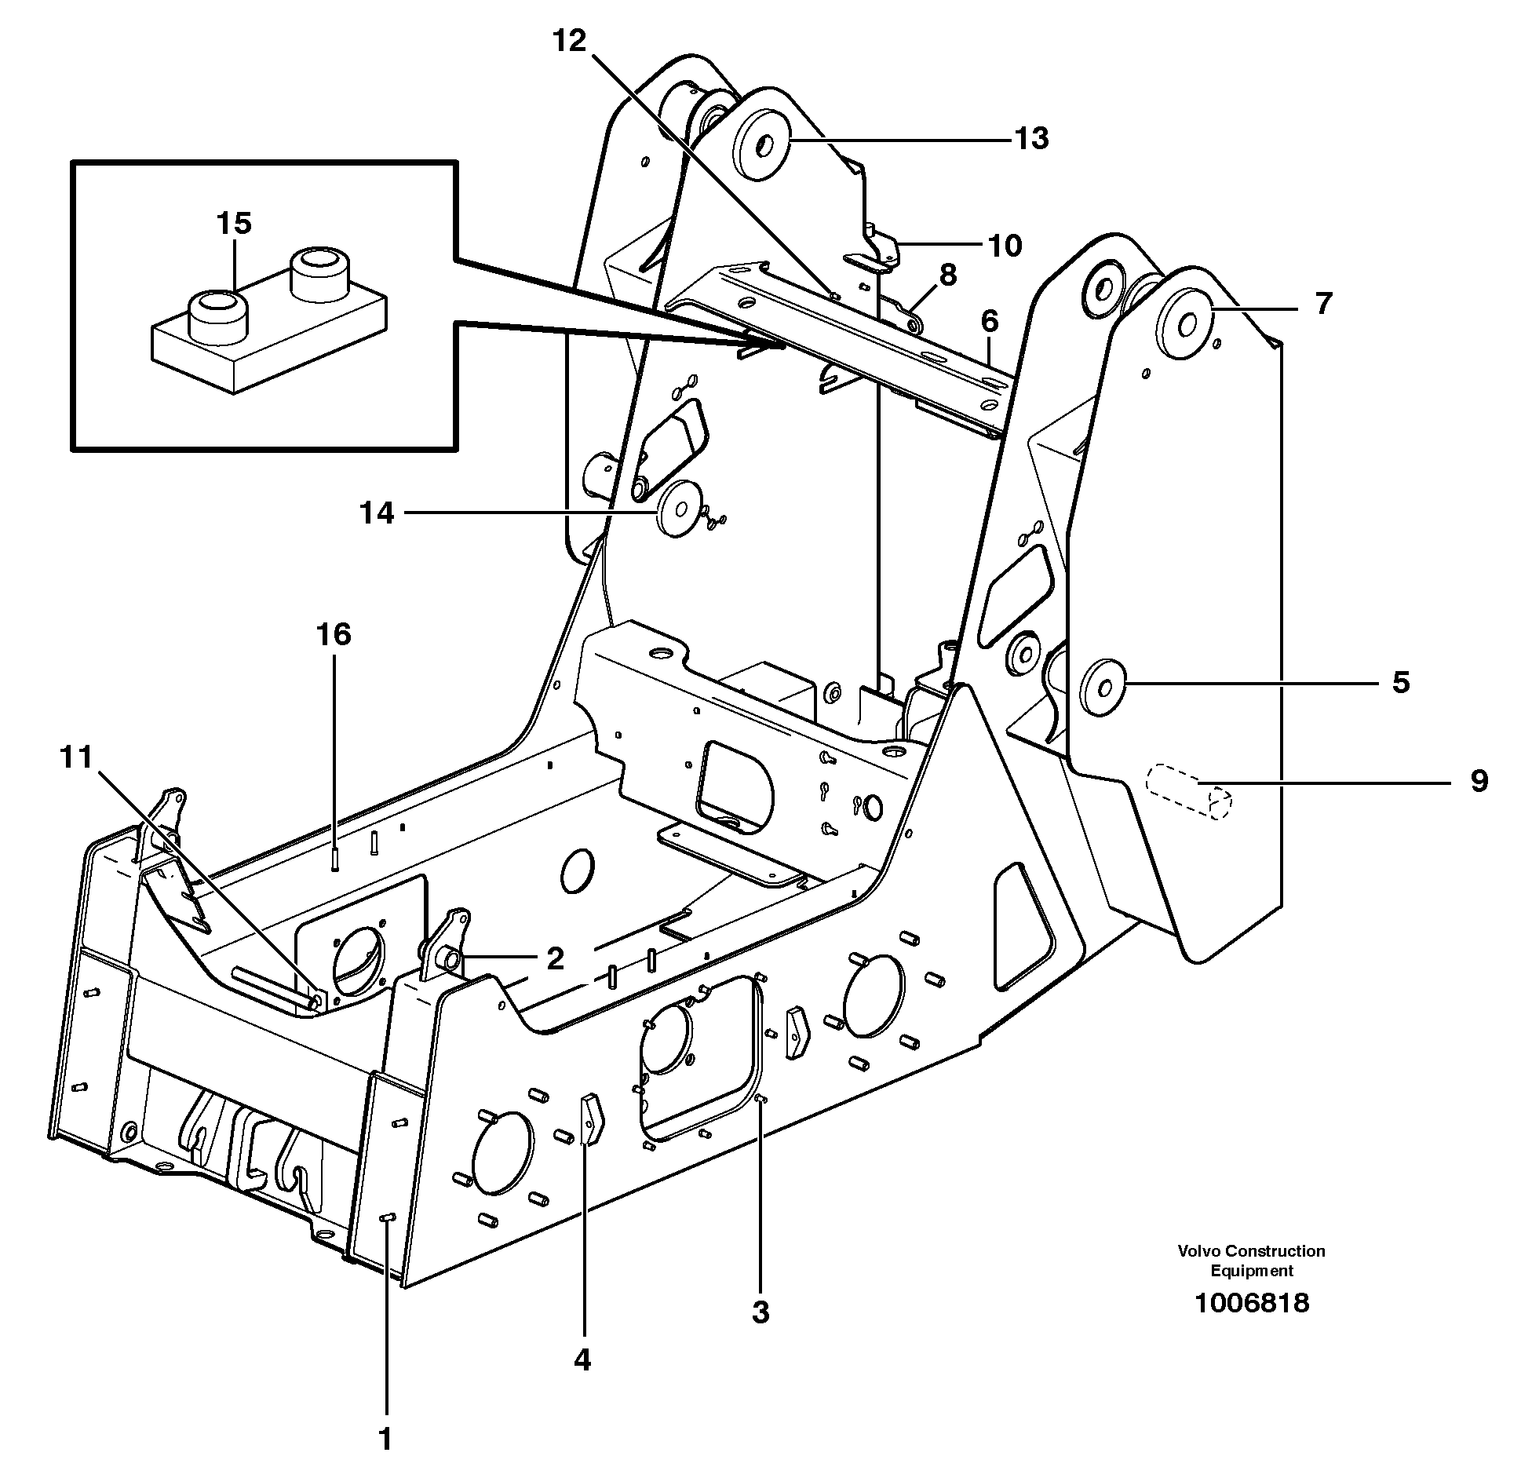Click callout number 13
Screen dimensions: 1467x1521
1031,139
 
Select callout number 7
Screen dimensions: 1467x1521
1323,303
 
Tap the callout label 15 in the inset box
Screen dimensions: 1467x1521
234,223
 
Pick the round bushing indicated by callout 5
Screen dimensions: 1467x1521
1104,688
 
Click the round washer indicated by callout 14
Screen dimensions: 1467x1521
678,509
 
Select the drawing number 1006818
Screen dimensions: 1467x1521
1251,1303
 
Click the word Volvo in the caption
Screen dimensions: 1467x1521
1198,1251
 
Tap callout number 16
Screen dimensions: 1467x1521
334,634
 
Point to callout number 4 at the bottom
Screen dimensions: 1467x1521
582,1359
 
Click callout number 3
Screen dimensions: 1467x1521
760,1312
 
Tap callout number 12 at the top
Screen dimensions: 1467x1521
569,41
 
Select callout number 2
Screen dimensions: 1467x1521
555,958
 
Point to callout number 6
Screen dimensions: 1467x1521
989,321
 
